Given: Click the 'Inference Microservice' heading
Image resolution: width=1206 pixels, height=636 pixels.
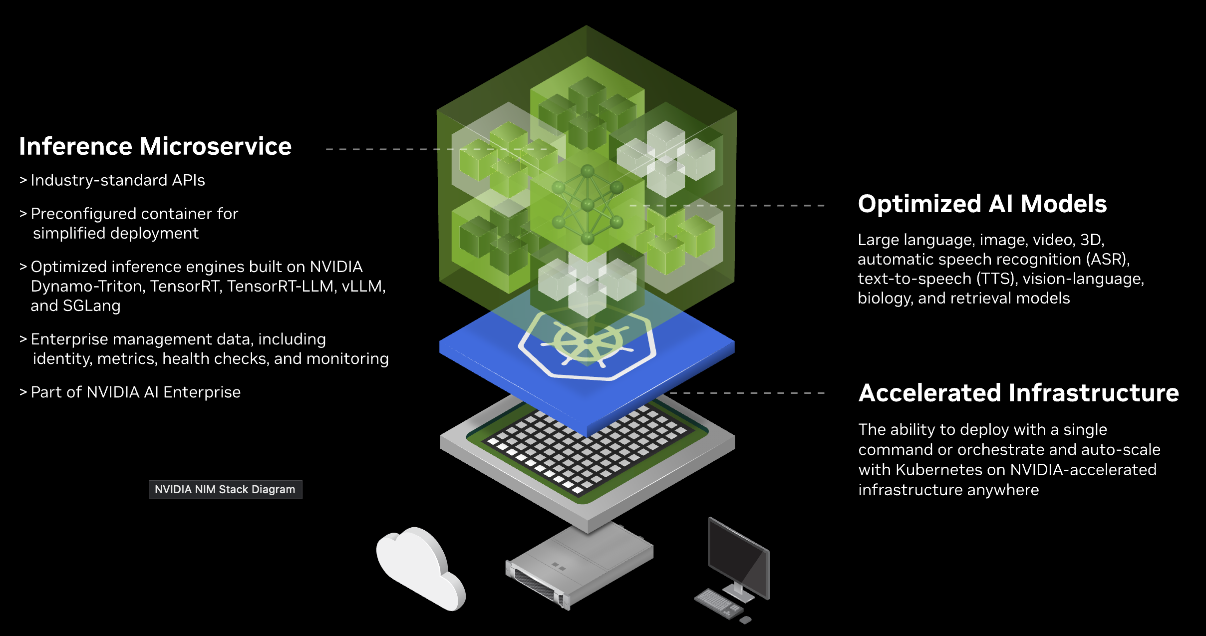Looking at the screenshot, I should (x=155, y=147).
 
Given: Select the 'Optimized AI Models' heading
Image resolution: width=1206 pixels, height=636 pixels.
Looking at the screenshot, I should (x=982, y=204).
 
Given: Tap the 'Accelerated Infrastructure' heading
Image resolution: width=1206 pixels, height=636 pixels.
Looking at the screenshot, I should (x=1018, y=393).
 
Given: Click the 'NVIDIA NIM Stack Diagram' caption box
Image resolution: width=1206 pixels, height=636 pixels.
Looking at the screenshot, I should (x=225, y=489).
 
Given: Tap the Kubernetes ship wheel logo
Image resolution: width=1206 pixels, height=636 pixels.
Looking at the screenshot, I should (x=588, y=343).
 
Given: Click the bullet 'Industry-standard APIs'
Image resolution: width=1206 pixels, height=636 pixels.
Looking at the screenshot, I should (x=118, y=180).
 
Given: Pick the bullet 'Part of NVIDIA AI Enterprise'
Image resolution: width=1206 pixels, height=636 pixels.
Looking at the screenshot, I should (x=135, y=392).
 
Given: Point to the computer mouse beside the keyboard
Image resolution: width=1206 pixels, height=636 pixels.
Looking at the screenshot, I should (x=745, y=620).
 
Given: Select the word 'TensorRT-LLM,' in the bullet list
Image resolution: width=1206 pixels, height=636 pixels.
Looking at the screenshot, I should (x=282, y=287).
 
